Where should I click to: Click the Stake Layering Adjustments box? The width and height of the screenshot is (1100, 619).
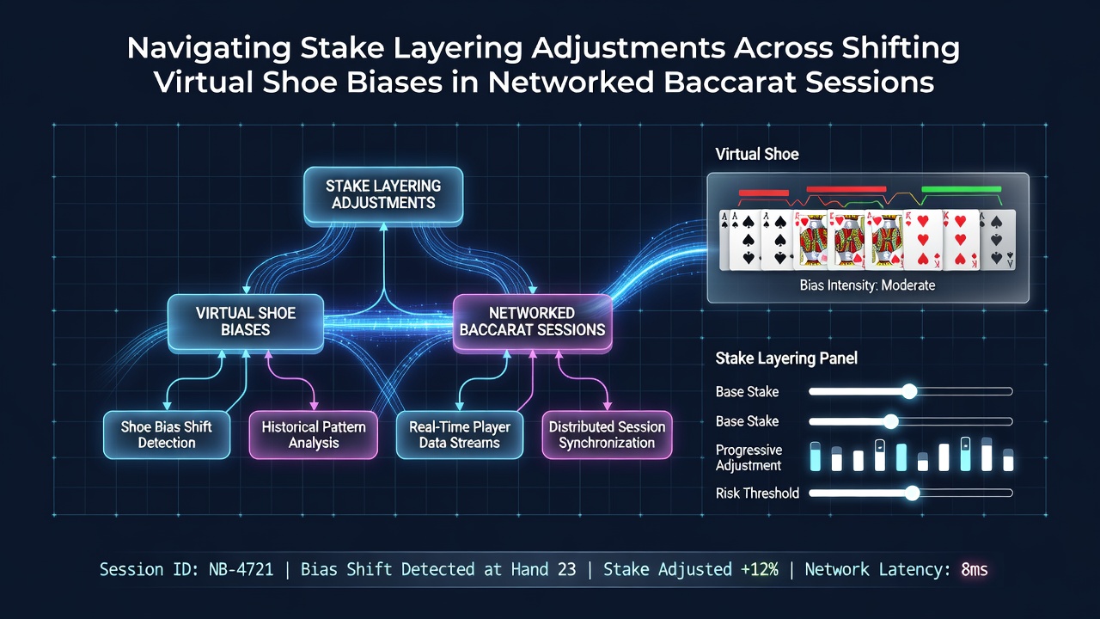(383, 195)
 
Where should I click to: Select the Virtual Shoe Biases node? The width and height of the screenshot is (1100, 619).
(246, 322)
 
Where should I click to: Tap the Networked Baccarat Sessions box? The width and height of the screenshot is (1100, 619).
(532, 322)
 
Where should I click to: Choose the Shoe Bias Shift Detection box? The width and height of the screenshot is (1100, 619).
(167, 435)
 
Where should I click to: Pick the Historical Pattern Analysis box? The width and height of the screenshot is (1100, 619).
(314, 435)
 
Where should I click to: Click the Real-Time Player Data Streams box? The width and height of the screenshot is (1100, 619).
(460, 435)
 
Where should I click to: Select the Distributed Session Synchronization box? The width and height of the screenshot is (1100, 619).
(607, 435)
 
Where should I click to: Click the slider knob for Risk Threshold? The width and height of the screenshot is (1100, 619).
(912, 493)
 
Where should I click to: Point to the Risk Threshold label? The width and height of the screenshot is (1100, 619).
(757, 493)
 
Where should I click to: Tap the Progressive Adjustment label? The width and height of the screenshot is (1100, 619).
(749, 457)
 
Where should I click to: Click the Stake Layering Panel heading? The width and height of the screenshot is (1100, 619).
(786, 359)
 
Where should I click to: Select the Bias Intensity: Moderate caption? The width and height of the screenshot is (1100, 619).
(867, 285)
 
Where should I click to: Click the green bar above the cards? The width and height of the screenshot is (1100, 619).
(961, 189)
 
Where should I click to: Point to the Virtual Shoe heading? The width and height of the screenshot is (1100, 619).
(757, 154)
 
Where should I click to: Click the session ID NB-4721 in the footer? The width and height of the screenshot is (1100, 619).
(241, 569)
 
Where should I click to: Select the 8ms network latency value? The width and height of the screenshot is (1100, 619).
(975, 569)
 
